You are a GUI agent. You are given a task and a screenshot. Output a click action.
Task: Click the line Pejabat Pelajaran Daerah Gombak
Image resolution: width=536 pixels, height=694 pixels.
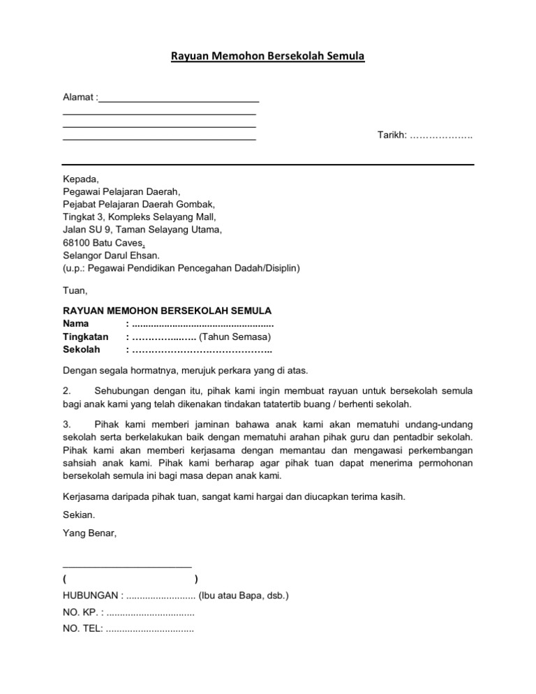(x=139, y=204)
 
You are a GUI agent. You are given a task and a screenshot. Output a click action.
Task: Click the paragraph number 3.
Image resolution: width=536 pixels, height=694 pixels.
(x=66, y=424)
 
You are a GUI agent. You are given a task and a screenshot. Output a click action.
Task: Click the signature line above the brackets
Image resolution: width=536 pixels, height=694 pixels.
(x=127, y=566)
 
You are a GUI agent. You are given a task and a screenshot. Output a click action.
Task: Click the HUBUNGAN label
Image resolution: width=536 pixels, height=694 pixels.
(x=92, y=596)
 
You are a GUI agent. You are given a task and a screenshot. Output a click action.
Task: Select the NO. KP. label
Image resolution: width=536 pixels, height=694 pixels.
(x=81, y=612)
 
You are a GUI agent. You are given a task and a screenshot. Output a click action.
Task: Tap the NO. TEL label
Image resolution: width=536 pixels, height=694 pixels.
(x=82, y=629)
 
